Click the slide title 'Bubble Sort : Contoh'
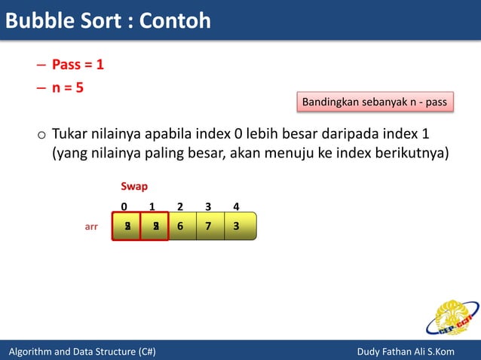[108, 20]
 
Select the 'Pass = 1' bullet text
[78, 65]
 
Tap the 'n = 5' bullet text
[67, 87]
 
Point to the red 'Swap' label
[134, 185]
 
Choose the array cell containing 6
[180, 225]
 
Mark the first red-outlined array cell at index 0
[127, 225]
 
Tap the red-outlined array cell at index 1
[155, 225]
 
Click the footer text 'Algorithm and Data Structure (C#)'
[82, 352]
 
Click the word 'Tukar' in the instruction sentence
[70, 136]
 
